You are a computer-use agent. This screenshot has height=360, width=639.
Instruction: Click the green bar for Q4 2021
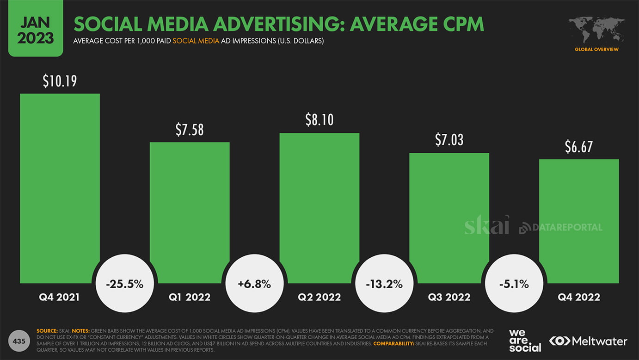pos(60,185)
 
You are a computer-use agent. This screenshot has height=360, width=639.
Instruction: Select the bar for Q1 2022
pos(190,208)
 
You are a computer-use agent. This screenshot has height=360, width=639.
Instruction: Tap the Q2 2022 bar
pos(319,204)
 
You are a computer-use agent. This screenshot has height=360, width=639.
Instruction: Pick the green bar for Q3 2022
pos(449,213)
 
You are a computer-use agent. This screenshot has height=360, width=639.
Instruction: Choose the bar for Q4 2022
pos(579,217)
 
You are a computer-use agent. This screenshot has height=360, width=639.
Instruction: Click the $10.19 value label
pos(60,81)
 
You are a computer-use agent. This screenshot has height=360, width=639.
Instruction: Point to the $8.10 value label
pos(319,120)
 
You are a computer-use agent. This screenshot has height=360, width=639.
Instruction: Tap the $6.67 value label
pos(578,147)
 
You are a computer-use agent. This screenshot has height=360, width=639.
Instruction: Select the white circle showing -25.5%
pos(125,284)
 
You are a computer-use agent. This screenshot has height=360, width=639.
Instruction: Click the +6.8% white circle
pos(254,284)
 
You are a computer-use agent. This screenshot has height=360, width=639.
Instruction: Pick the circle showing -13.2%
pos(384,284)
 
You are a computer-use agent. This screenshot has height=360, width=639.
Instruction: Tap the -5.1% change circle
pos(514,284)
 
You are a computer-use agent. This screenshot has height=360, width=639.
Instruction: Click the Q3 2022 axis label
pos(449,297)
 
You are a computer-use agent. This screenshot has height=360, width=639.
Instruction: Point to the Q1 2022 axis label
pos(190,297)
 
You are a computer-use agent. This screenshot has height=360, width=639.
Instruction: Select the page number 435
pos(19,341)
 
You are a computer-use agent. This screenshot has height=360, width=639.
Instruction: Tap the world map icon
pos(596,31)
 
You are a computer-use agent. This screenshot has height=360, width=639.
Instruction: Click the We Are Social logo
pos(525,341)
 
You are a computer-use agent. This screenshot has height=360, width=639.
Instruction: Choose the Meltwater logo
pos(588,341)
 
